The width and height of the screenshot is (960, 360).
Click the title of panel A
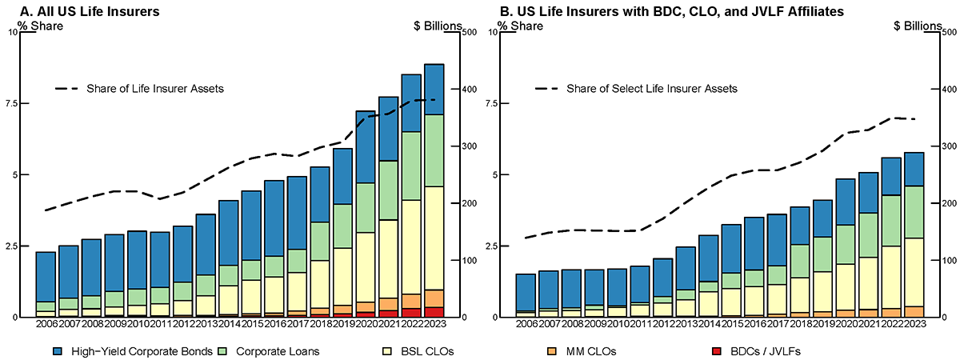[x=91, y=11]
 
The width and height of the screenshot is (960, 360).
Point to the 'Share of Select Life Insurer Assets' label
[x=652, y=89]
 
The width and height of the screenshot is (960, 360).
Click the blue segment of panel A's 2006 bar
[x=46, y=277]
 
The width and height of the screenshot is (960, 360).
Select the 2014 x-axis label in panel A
[x=230, y=323]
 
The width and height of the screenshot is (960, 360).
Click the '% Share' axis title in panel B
[x=521, y=26]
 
